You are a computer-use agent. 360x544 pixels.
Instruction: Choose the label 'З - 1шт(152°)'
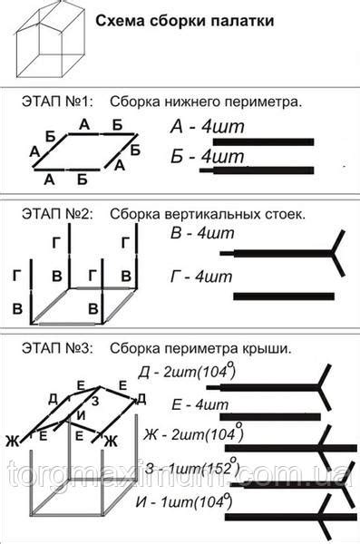(190, 469)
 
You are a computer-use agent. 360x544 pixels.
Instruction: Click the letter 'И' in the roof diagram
(83, 414)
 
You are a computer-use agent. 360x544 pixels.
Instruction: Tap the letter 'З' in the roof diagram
(94, 400)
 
